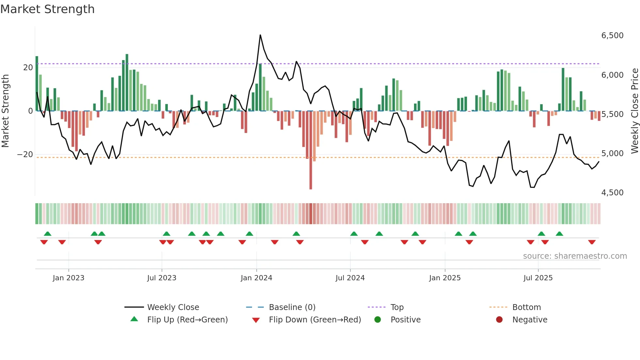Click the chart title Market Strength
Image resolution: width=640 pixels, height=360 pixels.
47,9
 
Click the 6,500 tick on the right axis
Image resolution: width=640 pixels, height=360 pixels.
612,36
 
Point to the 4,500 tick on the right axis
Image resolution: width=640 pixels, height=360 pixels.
612,193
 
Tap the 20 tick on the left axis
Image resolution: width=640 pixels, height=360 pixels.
28,68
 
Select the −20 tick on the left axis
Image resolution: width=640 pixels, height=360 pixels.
25,155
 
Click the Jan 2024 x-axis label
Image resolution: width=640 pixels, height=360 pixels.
256,278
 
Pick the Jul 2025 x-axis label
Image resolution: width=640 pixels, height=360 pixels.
538,278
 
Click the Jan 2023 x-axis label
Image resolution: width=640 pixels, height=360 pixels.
69,278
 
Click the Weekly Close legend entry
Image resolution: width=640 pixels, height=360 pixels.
173,307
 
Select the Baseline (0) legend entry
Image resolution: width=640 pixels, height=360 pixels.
292,307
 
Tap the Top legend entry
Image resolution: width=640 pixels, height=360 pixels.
397,307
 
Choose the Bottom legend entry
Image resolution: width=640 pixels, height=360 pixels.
526,307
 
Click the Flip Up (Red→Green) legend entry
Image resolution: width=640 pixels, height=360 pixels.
187,320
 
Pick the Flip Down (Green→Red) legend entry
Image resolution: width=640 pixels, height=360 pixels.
315,320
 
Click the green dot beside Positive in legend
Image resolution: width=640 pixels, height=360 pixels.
378,320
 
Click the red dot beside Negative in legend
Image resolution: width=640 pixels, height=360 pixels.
499,320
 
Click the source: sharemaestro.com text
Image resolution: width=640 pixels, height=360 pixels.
575,256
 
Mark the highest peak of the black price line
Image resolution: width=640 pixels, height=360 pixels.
260,35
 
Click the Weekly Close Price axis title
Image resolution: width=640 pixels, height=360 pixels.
634,111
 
